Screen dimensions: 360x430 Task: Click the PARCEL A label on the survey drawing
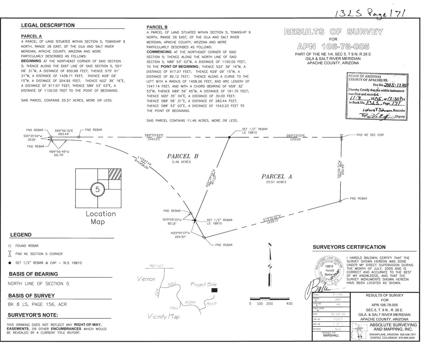click(276, 176)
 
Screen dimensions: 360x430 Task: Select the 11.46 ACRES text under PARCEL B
click(179, 162)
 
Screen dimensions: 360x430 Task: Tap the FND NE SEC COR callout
click(370, 135)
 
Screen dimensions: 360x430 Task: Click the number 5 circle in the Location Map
click(97, 189)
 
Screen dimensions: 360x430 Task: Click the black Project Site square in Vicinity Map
click(214, 290)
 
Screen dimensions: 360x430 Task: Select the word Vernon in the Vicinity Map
click(146, 279)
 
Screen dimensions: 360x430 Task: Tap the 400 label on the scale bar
click(289, 304)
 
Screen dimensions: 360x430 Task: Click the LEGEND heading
click(21, 235)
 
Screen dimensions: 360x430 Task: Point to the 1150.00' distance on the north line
click(294, 139)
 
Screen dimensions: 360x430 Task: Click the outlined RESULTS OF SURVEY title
click(333, 32)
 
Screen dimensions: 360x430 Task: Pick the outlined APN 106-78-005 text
click(333, 46)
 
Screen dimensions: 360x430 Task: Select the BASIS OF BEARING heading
click(33, 274)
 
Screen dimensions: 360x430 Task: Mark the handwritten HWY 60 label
click(156, 266)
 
